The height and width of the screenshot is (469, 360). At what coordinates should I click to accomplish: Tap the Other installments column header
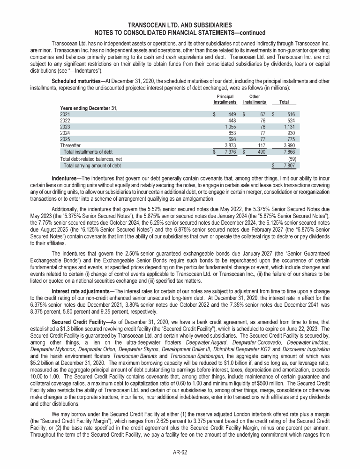255,99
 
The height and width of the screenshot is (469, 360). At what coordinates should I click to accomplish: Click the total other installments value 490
260,151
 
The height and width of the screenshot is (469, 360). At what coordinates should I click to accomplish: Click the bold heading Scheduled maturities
74,82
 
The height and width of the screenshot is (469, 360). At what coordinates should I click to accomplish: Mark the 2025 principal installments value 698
230,139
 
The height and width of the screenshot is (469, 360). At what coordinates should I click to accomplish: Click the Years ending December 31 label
89,108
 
